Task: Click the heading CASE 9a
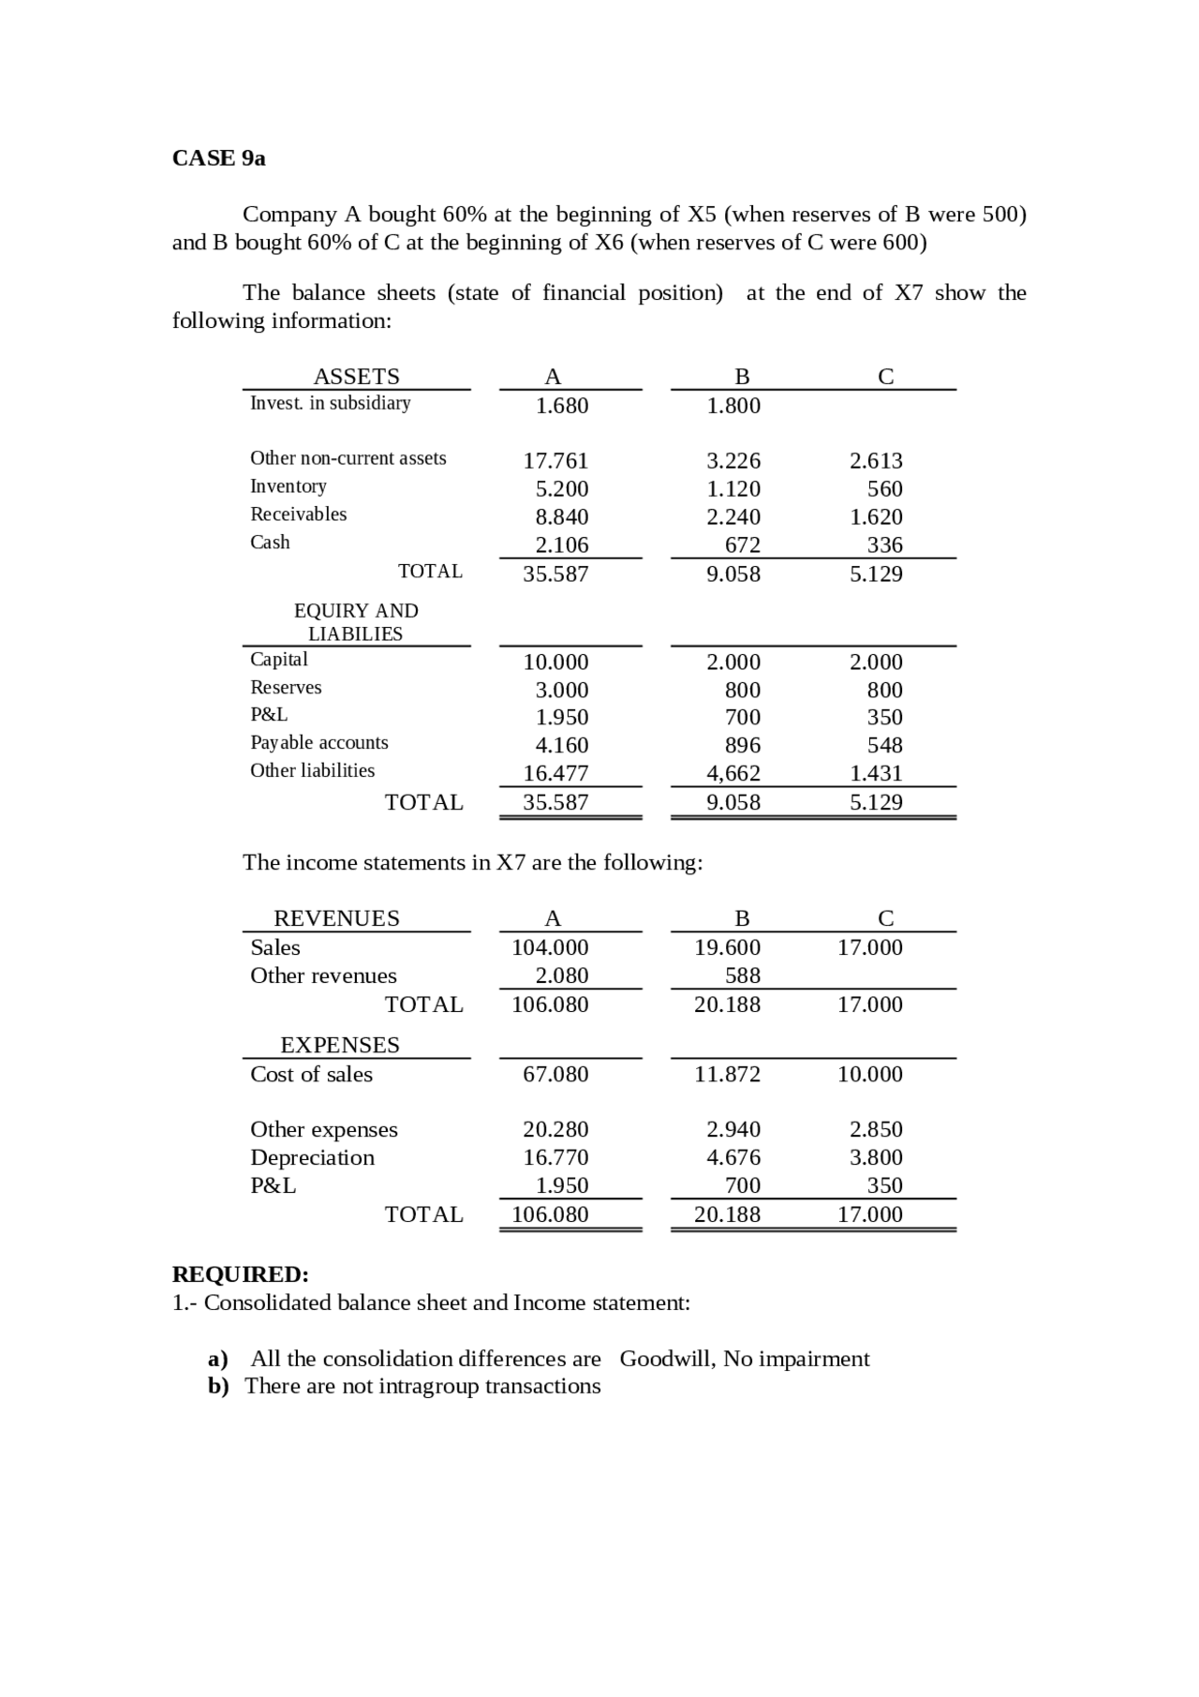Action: (218, 158)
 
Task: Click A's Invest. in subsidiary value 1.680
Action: (562, 406)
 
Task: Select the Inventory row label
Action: (289, 486)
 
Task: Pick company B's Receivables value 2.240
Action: (733, 517)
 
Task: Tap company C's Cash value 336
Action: (884, 545)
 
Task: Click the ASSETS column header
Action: (356, 377)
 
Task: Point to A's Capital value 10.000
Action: (555, 662)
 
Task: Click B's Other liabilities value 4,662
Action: (733, 774)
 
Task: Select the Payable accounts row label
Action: (319, 743)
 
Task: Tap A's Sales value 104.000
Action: (550, 947)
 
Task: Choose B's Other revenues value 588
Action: (743, 975)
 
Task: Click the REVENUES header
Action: (336, 918)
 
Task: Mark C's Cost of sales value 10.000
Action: (870, 1074)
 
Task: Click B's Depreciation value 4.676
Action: (733, 1157)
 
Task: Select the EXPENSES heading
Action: (340, 1045)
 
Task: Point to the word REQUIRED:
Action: (241, 1274)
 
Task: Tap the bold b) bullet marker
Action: (219, 1386)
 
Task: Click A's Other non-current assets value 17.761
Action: (555, 461)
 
